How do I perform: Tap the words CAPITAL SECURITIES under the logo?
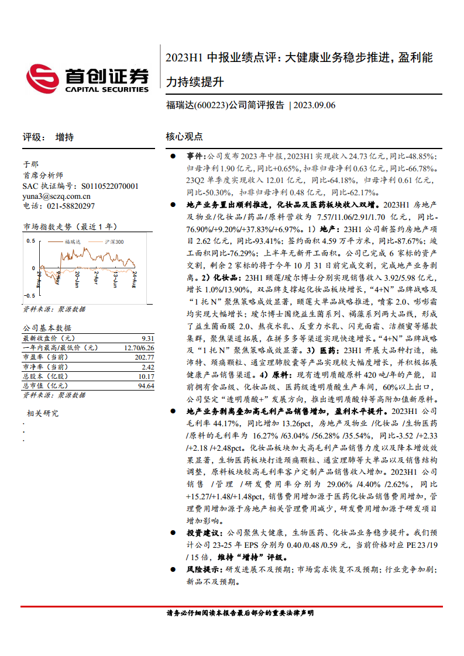pyautogui.click(x=106, y=89)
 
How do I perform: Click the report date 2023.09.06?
pyautogui.click(x=314, y=106)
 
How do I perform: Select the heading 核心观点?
pyautogui.click(x=184, y=137)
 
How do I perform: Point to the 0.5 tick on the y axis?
pyautogui.click(x=28, y=241)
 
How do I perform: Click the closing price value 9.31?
pyautogui.click(x=147, y=339)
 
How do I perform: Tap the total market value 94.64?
pyautogui.click(x=146, y=386)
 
